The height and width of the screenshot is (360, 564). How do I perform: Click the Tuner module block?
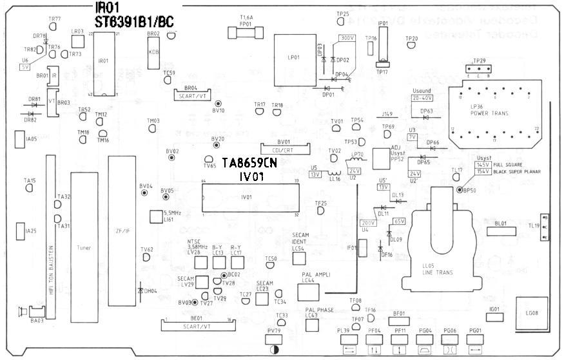[x=83, y=247]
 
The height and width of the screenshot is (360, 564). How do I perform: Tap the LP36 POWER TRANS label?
[x=489, y=110]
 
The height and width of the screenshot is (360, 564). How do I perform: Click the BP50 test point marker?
[x=459, y=191]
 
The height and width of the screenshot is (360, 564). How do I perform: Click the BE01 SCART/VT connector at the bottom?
[x=198, y=323]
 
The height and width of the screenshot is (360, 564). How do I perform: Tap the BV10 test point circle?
[x=218, y=103]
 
